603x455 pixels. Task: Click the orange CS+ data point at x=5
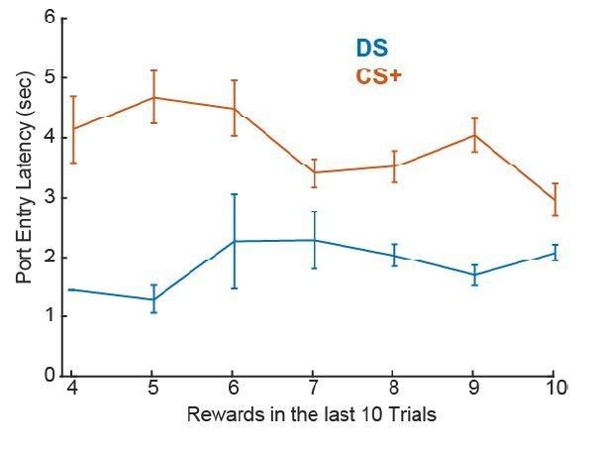(x=153, y=97)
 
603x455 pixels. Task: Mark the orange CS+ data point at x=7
(x=314, y=172)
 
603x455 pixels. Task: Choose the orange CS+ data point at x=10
(x=554, y=200)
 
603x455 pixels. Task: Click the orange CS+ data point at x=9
(x=474, y=135)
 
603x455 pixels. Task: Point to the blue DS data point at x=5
(x=153, y=299)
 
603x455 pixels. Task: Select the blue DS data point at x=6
(x=234, y=241)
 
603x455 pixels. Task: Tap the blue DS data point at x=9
(x=474, y=274)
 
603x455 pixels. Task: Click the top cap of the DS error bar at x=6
(x=234, y=194)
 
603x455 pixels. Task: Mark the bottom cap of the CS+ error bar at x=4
(x=73, y=163)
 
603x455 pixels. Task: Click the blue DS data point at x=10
(x=554, y=253)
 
